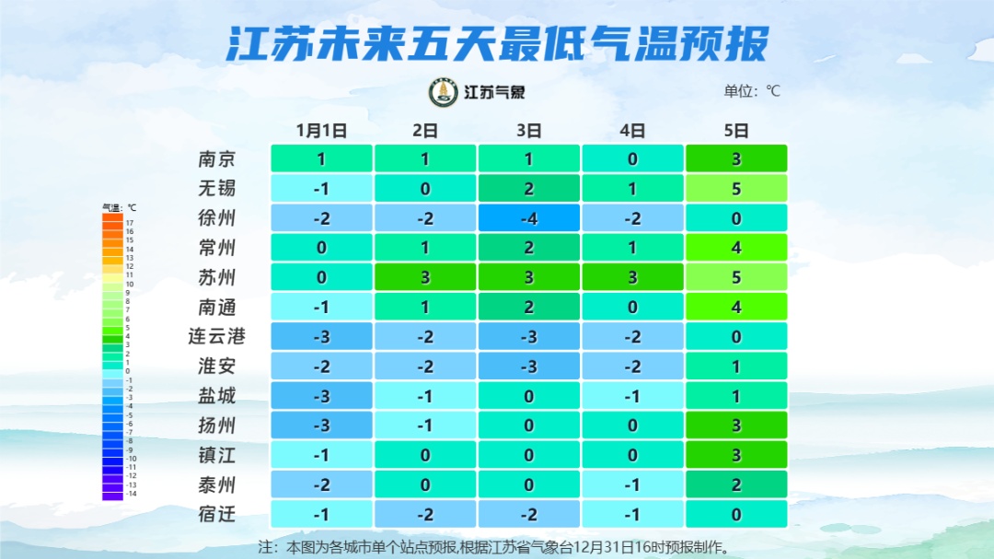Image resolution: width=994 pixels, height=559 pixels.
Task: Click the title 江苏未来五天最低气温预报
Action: [497, 42]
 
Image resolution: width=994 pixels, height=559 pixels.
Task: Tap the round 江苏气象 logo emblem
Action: [444, 92]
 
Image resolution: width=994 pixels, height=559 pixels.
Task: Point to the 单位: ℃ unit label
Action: [752, 91]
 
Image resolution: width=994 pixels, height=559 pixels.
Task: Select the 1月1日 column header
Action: [321, 131]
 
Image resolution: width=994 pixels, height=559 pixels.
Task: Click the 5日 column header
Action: [736, 131]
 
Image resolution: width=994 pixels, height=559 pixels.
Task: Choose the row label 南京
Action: [217, 158]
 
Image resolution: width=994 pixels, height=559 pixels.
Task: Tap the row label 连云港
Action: [217, 336]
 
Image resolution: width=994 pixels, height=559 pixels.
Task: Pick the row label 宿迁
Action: [217, 514]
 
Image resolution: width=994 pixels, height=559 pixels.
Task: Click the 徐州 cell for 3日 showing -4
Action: [528, 218]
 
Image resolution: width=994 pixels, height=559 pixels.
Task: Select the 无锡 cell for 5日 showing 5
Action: [736, 189]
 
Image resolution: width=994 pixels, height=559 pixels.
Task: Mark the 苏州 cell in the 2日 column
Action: [425, 277]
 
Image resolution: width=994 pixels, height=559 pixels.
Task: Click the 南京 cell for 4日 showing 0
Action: [632, 158]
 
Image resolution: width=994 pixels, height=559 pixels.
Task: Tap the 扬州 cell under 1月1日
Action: [321, 425]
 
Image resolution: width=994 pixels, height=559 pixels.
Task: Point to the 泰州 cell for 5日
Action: [736, 484]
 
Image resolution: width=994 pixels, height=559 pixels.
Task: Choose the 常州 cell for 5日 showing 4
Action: [736, 248]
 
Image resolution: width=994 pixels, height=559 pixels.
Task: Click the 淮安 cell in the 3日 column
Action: [528, 367]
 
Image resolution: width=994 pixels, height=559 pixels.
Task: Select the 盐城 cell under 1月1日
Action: [321, 396]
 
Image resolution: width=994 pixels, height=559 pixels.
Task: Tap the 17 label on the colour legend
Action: [130, 223]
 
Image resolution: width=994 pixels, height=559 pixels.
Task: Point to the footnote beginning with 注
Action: [497, 547]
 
